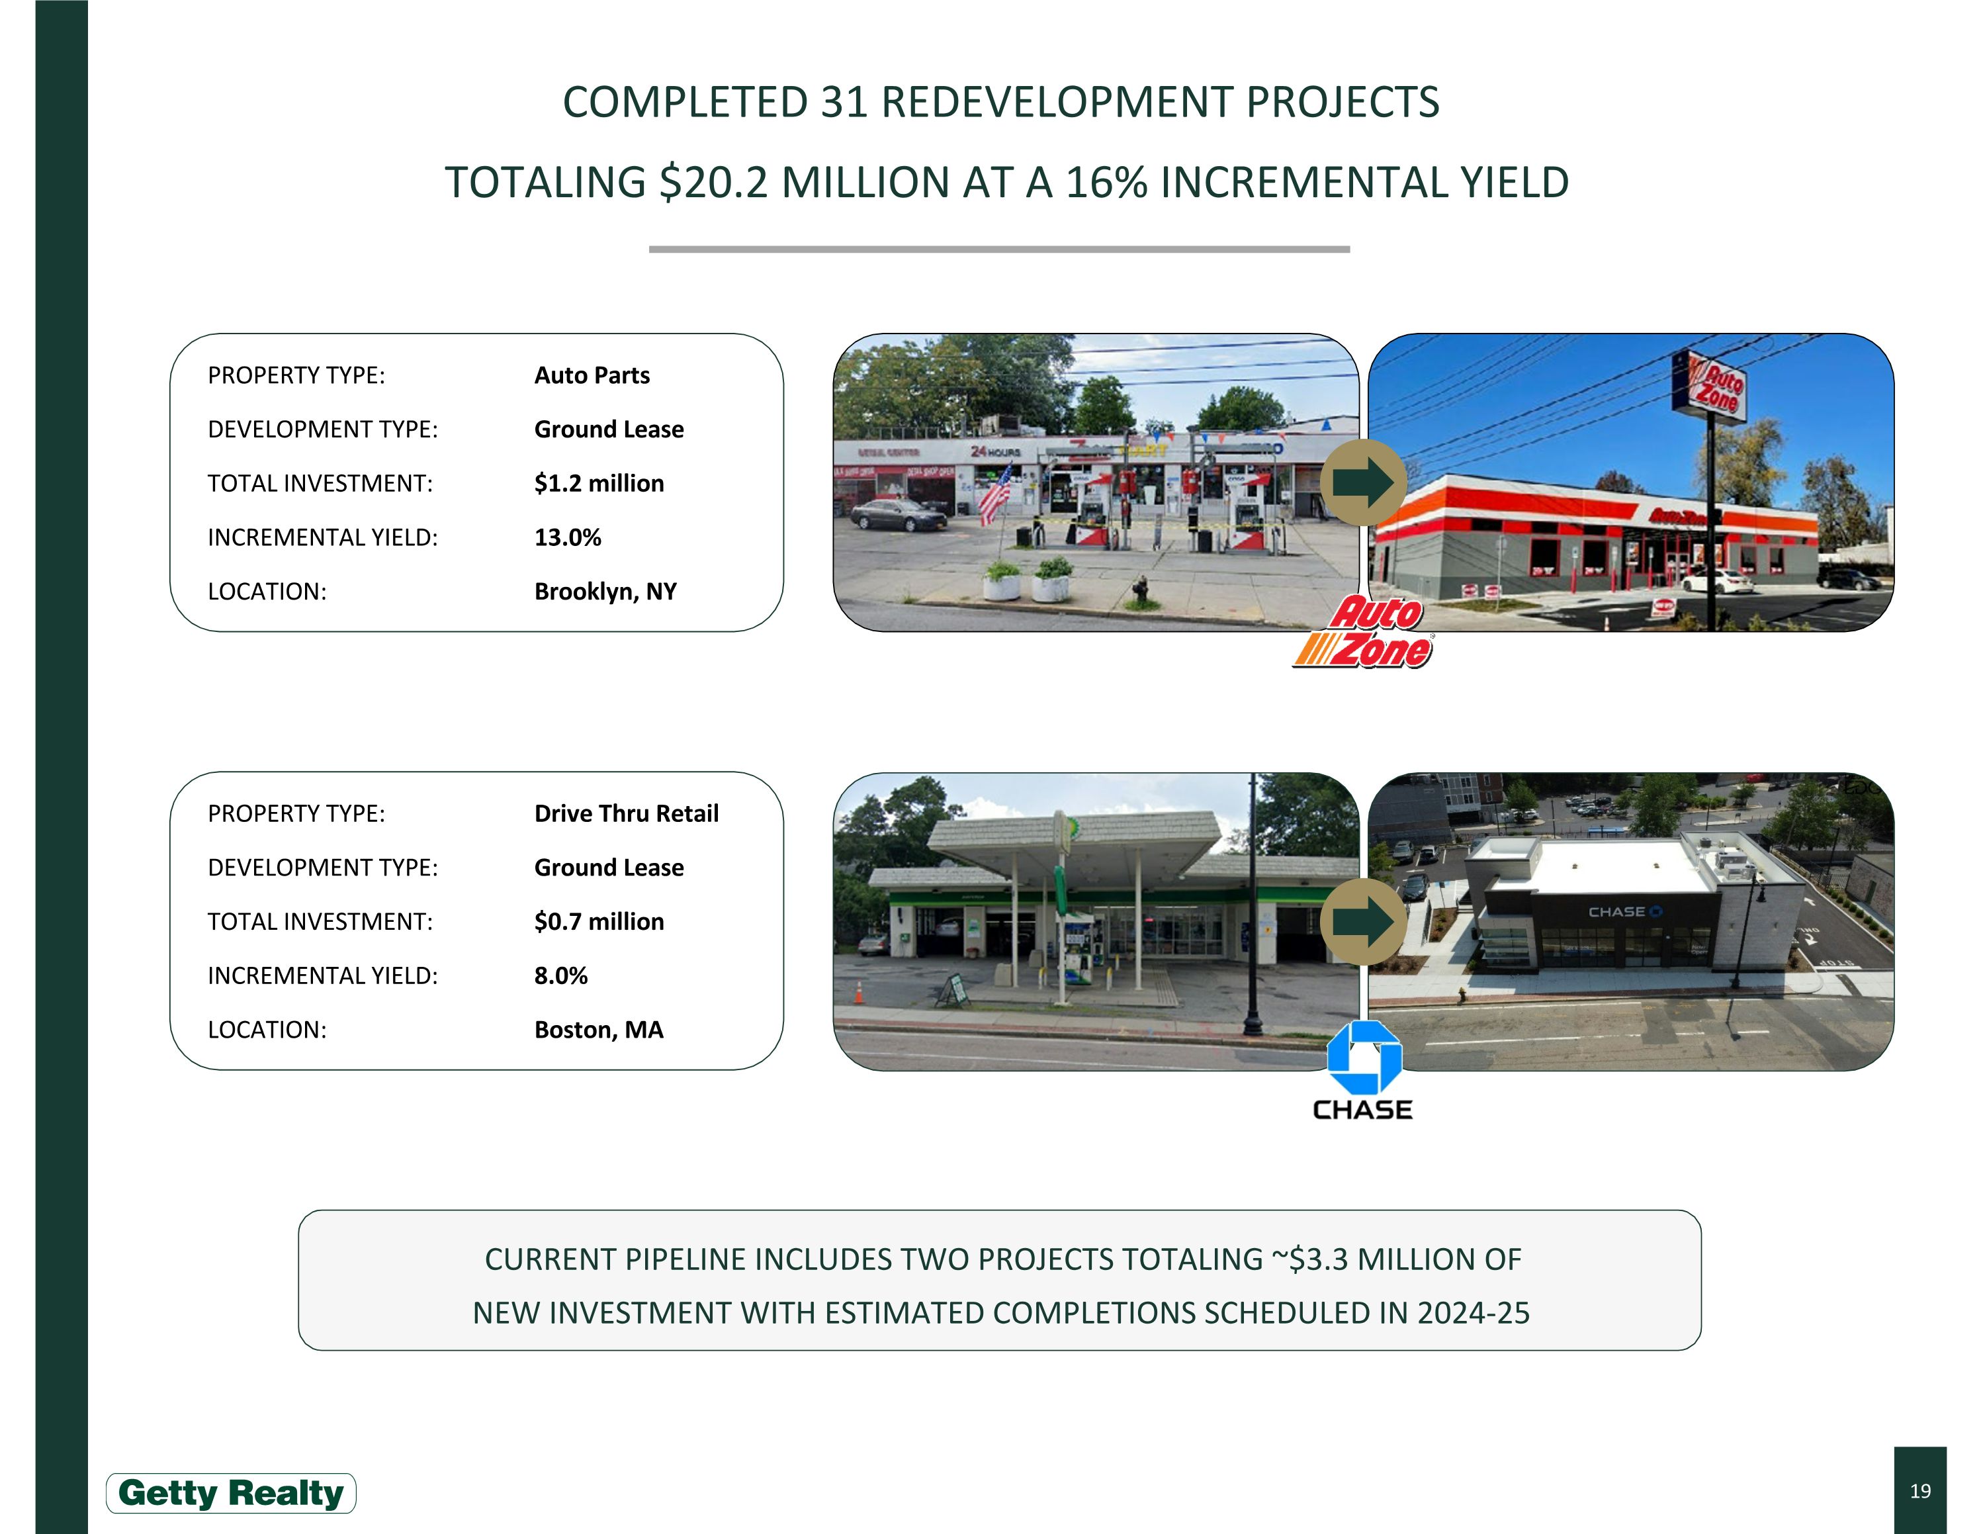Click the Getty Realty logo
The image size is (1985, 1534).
231,1493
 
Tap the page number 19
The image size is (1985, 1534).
1919,1490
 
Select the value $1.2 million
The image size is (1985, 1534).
599,484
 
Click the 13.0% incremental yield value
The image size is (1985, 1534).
567,537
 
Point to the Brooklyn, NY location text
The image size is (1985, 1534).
605,592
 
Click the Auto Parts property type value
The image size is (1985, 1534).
592,375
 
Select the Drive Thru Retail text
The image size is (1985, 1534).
626,813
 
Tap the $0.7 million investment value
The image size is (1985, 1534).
599,921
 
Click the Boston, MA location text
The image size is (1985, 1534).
599,1030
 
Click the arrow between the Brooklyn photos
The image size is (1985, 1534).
1362,482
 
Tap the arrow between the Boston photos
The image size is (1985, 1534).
1362,921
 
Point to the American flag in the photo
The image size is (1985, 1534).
995,495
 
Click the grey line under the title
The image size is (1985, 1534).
999,249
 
